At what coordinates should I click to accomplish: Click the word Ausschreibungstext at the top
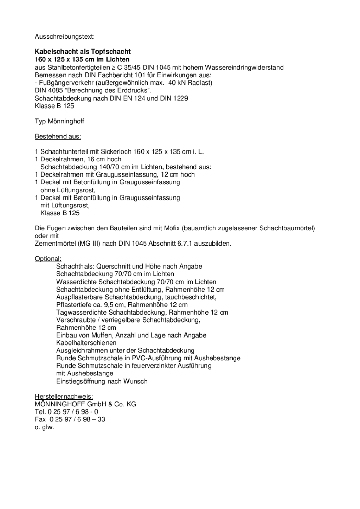[x=64, y=36]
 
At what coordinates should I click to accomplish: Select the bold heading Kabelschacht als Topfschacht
[x=83, y=52]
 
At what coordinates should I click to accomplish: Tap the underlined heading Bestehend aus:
[x=58, y=136]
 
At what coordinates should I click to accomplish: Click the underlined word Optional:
[x=48, y=259]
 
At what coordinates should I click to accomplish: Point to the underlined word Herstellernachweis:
[x=64, y=397]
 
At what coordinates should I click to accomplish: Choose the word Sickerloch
[x=116, y=152]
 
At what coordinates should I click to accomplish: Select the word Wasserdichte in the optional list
[x=76, y=282]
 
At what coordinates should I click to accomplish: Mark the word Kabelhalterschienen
[x=86, y=343]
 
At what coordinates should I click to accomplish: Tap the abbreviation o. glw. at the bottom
[x=44, y=427]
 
